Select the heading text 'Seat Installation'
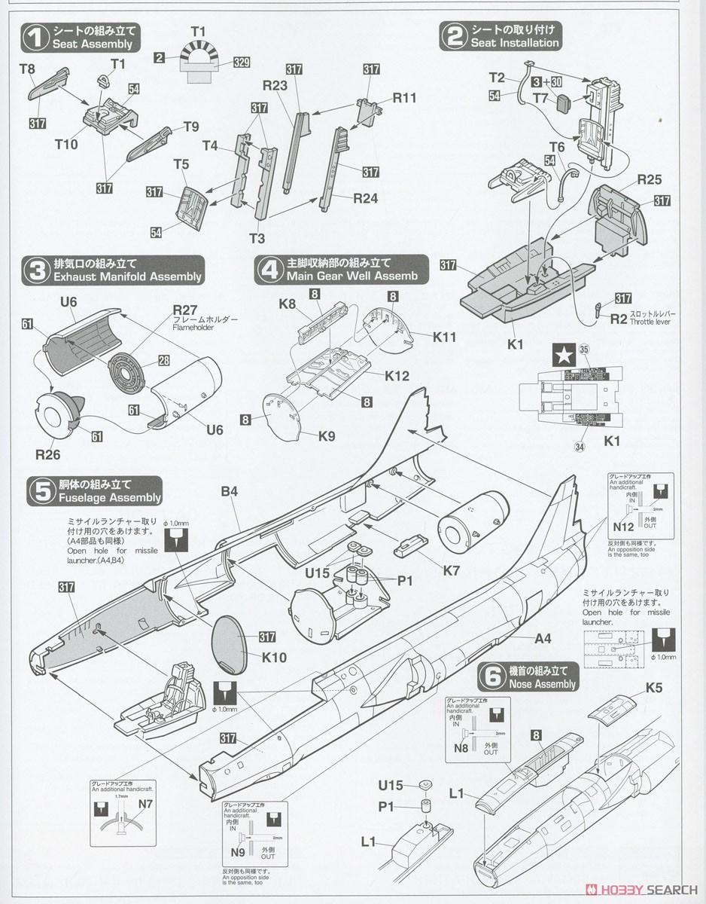tap(515, 43)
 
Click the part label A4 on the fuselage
tap(543, 639)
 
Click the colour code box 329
tap(241, 63)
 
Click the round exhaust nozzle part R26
tap(59, 416)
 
